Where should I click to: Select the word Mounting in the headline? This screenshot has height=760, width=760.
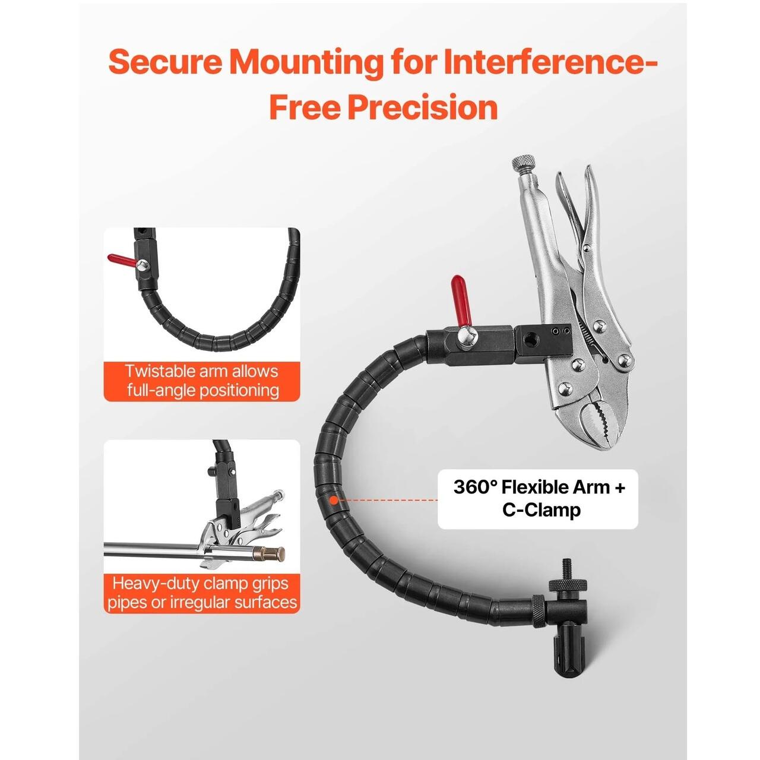click(x=306, y=63)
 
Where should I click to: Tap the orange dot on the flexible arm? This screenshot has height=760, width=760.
click(x=334, y=500)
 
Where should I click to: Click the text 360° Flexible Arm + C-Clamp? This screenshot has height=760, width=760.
click(x=539, y=498)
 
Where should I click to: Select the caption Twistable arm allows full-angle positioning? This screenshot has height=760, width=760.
click(x=202, y=381)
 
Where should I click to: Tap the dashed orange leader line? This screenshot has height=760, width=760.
click(x=388, y=500)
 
